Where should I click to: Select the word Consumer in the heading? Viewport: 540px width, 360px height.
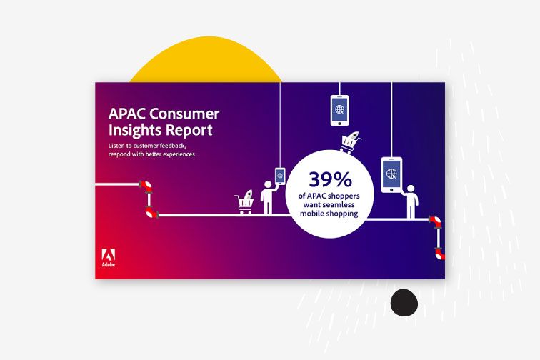185,114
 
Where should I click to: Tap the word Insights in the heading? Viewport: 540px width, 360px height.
132,131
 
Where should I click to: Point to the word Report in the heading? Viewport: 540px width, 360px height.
186,131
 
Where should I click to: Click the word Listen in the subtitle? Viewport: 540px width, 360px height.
116,146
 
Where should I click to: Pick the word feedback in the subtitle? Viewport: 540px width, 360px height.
174,146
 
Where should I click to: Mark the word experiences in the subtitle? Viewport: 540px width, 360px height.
179,154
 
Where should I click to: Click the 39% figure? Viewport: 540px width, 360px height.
330,179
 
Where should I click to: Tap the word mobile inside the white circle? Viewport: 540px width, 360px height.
311,214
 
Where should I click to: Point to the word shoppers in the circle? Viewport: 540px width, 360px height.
343,196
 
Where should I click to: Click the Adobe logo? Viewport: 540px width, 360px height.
109,258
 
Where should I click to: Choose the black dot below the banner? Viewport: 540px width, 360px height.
404,302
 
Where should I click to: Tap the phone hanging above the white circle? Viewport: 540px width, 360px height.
339,110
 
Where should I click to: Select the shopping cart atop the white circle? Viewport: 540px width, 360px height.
351,142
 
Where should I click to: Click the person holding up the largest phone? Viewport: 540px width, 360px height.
411,201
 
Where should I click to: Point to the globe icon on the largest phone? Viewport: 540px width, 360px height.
391,174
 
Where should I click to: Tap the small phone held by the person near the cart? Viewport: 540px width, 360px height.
280,176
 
